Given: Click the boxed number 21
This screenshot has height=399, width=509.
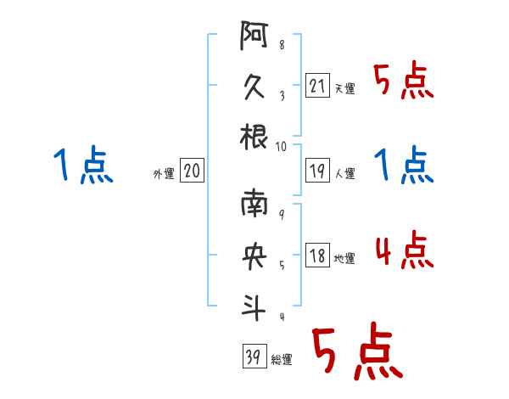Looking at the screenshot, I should (x=317, y=85).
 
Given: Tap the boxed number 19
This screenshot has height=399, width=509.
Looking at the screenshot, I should (x=317, y=171).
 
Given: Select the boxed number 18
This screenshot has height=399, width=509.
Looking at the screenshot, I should (x=317, y=256).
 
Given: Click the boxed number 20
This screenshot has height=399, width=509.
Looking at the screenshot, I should (x=192, y=171).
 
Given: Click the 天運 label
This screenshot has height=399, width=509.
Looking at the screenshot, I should (x=344, y=88).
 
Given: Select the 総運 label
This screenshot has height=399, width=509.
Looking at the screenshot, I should (x=282, y=360).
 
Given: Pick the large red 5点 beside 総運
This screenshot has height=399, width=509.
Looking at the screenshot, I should (x=355, y=353).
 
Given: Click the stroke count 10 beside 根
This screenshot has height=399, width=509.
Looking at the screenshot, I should (x=282, y=147).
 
